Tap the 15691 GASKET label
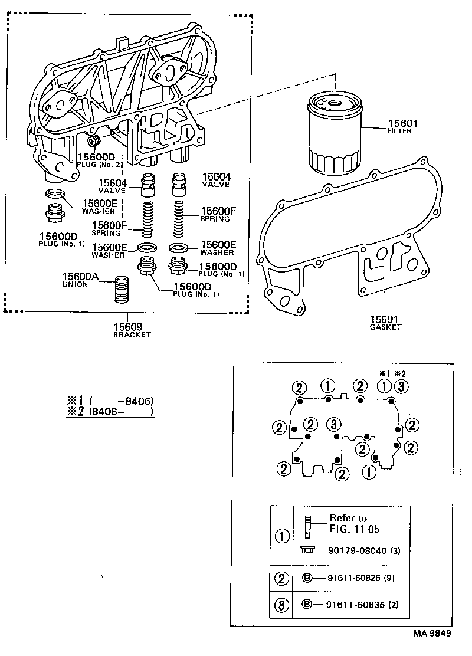(385, 322)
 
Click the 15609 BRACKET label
(132, 330)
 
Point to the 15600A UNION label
(76, 280)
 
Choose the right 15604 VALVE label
(216, 180)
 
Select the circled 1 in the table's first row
(282, 536)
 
